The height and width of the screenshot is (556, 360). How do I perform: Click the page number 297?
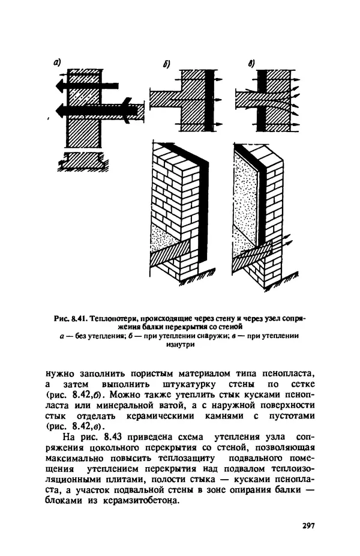point(308,525)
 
